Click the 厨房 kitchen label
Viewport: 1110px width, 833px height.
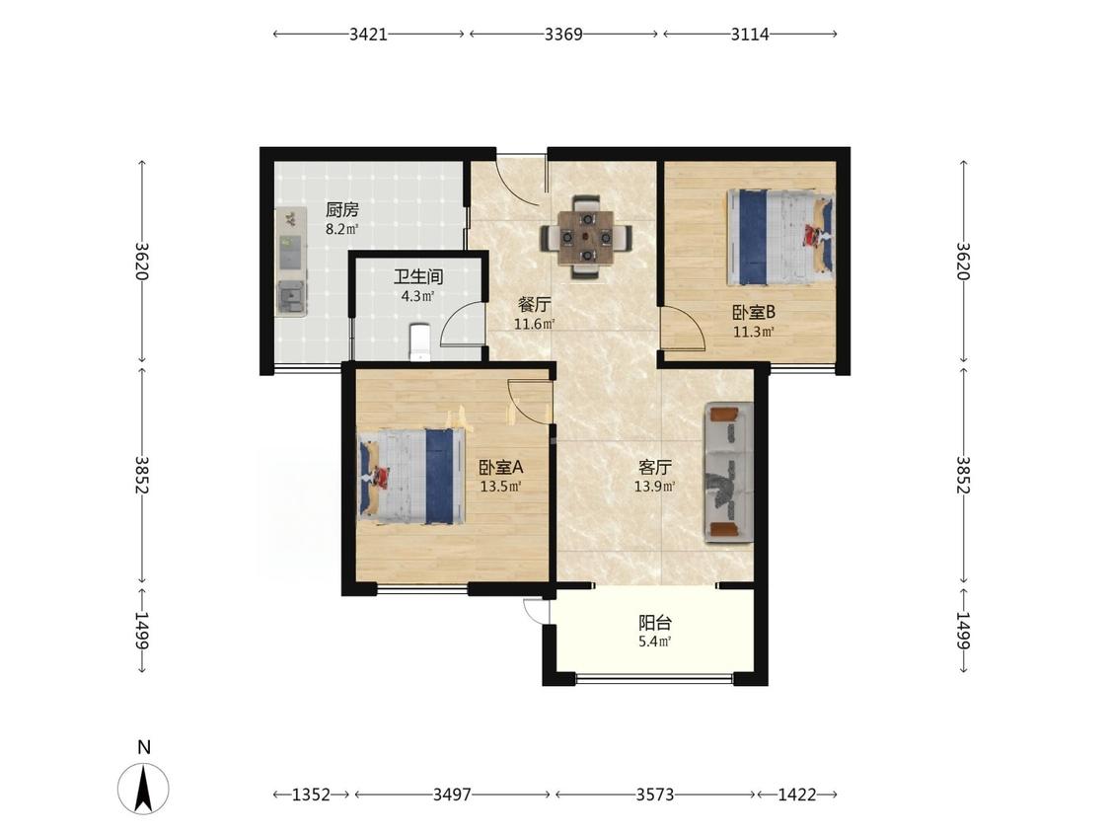[342, 209]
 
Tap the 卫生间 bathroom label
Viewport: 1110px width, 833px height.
[418, 276]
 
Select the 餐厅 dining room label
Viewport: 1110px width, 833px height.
[535, 305]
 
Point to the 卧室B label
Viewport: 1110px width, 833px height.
[753, 312]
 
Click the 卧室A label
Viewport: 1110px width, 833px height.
[500, 468]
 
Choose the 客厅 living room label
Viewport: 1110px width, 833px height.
[655, 468]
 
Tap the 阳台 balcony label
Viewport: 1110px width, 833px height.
[655, 624]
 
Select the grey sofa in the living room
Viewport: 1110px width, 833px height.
[728, 473]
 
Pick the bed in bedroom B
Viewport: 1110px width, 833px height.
[780, 237]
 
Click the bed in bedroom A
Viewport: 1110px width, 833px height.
[411, 476]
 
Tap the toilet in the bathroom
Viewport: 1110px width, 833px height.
[419, 341]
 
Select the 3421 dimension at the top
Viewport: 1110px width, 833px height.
[368, 34]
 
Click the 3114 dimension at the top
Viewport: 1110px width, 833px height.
[751, 34]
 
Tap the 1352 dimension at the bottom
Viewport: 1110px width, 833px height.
[312, 795]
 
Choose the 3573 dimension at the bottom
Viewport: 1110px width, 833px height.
[655, 795]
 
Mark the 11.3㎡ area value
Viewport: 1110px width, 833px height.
[753, 332]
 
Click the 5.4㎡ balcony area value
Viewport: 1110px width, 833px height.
[655, 643]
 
